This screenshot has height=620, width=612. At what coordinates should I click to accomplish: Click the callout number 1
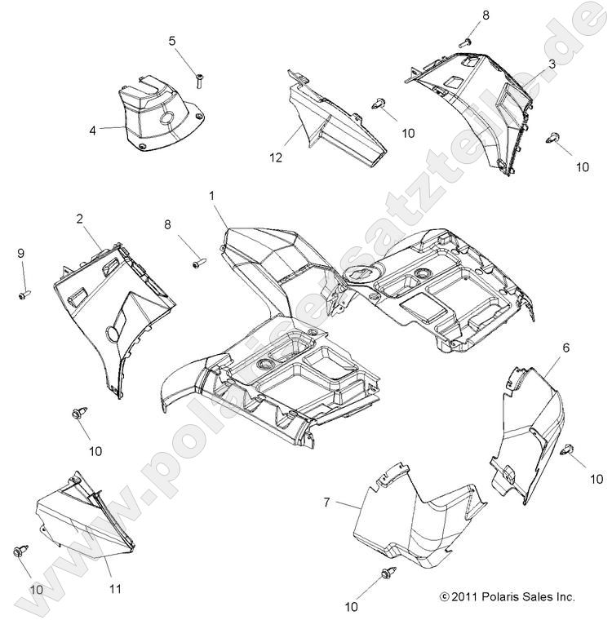tap(212, 196)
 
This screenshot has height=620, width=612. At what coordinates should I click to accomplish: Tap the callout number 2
tap(80, 219)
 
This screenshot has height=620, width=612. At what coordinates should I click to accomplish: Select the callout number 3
tap(552, 64)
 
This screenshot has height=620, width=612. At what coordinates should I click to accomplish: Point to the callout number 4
tap(93, 129)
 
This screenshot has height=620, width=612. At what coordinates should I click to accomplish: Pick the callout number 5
tap(172, 41)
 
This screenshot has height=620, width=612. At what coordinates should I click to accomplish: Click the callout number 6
tap(543, 348)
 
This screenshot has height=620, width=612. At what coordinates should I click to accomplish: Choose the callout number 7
tap(327, 503)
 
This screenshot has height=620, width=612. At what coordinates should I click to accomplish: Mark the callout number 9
tap(21, 254)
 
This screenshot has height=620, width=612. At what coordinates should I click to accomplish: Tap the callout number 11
tap(115, 588)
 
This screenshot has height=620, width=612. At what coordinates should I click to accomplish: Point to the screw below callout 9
tap(24, 291)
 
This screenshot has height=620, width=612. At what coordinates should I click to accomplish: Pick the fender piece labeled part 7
tap(416, 522)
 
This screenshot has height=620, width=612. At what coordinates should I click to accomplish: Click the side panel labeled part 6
tap(530, 424)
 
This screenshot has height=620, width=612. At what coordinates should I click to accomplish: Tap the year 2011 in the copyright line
tap(466, 597)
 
